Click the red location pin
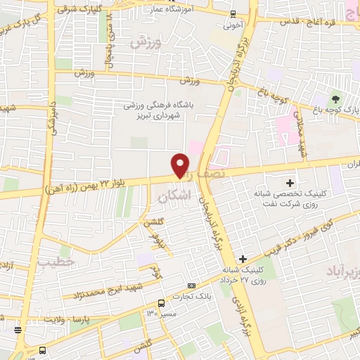pyautogui.click(x=181, y=165)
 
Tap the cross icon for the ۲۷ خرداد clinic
pyautogui.click(x=243, y=259)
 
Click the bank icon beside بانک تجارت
pyautogui.click(x=191, y=286)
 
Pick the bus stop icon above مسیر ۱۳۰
pyautogui.click(x=162, y=303)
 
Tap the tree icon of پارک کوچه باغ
pyautogui.click(x=335, y=98)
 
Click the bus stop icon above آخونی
pyautogui.click(x=233, y=14)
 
